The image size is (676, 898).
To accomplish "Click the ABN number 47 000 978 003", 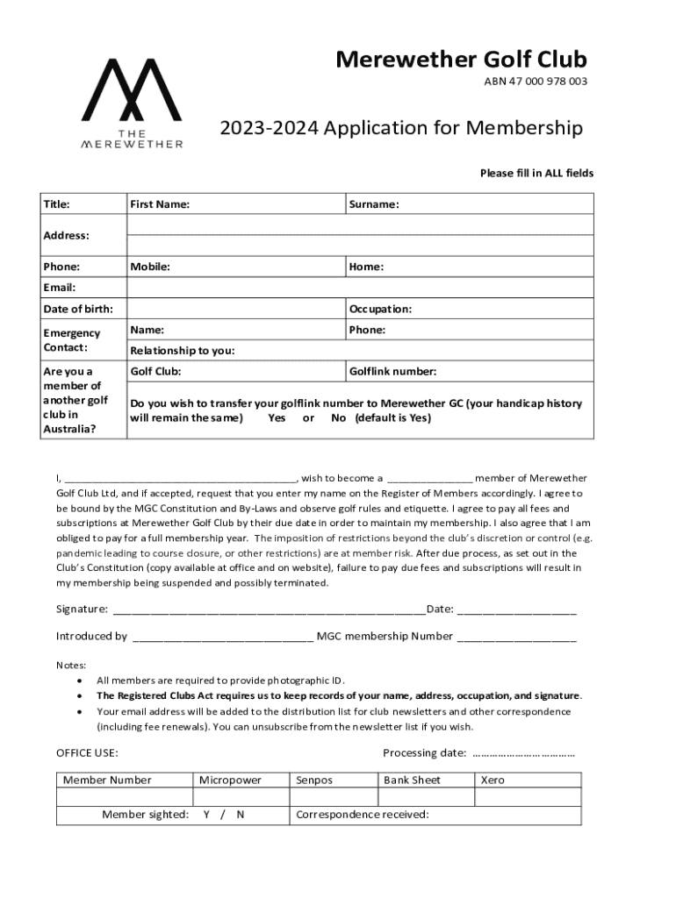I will click(x=536, y=82).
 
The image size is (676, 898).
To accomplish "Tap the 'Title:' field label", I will click(x=57, y=204).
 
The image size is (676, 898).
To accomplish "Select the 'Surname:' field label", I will click(x=374, y=204).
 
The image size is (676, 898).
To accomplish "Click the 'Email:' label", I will click(x=60, y=288).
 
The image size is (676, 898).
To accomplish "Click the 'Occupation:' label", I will click(x=380, y=309).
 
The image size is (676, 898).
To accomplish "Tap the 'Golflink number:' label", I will click(x=392, y=371).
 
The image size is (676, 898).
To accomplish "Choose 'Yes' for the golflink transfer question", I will click(x=277, y=418).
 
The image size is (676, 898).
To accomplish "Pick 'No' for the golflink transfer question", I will click(x=338, y=418).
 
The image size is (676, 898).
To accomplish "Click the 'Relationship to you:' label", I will click(x=183, y=351).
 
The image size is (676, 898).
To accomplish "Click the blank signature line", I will click(x=268, y=610).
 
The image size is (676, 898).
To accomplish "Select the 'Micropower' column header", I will click(x=230, y=780).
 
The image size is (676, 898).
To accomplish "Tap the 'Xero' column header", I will click(x=493, y=780).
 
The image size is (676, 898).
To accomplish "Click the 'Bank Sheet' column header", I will click(x=412, y=780).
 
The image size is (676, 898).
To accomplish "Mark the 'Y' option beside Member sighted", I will click(x=206, y=815).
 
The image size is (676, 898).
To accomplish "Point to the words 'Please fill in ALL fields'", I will click(x=536, y=173).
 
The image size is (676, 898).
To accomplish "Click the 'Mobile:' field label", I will click(x=150, y=267).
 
